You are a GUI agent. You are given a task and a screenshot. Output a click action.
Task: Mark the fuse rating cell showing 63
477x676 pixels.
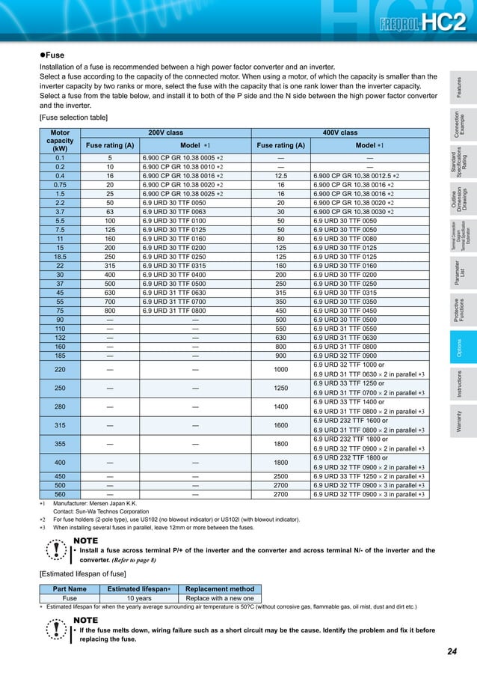click(x=110, y=212)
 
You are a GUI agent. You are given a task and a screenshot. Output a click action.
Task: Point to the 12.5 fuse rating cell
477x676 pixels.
click(x=280, y=174)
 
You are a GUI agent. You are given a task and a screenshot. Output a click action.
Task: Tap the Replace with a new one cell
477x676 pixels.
click(x=219, y=598)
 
